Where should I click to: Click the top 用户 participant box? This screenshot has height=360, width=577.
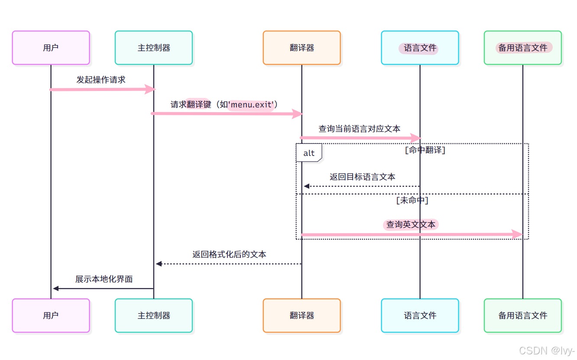[x=51, y=48]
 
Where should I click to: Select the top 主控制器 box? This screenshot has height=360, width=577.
[x=154, y=48]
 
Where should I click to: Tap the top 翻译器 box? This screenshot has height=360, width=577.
[x=301, y=48]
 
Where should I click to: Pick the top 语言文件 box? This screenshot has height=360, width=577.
[x=420, y=48]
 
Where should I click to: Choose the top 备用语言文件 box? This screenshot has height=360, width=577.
[x=522, y=48]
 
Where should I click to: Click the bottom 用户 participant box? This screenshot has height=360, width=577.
[x=51, y=315]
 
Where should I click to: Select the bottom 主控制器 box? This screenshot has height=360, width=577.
[x=154, y=315]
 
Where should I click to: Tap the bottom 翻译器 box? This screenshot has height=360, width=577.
[x=301, y=315]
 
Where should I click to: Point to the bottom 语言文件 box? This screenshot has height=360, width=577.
[x=420, y=315]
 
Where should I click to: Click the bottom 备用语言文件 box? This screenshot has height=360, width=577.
[x=522, y=315]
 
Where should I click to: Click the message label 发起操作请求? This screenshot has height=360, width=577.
[x=101, y=80]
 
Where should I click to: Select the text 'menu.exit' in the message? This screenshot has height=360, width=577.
[x=251, y=105]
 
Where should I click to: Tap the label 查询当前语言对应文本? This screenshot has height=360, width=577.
[x=360, y=129]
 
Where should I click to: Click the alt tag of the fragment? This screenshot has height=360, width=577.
[x=309, y=153]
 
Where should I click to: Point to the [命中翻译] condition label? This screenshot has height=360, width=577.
[x=425, y=150]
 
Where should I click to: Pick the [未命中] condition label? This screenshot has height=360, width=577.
[x=412, y=201]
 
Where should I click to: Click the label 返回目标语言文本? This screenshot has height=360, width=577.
[x=362, y=177]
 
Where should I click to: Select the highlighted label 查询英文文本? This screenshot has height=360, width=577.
[x=411, y=224]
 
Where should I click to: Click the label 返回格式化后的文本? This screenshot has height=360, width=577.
[x=229, y=254]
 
